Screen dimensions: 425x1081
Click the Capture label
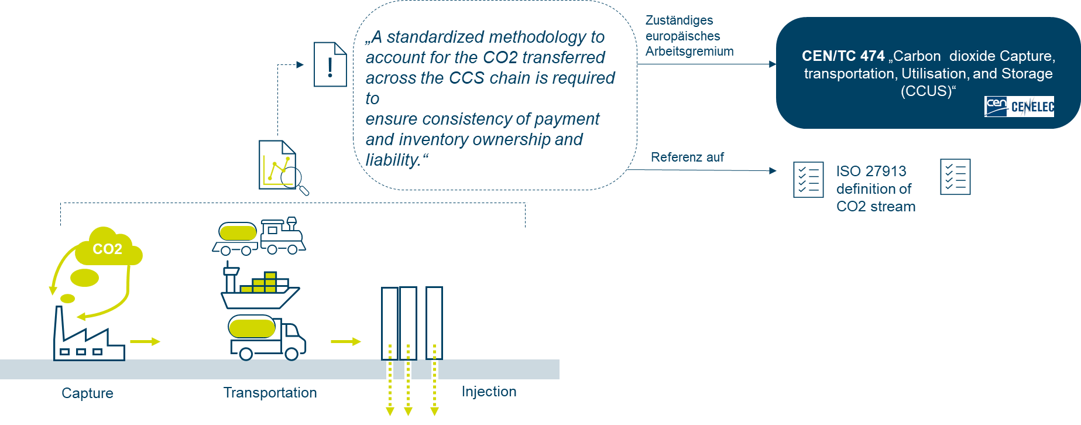(87, 393)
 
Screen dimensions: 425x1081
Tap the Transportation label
(270, 392)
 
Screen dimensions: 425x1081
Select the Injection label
(489, 391)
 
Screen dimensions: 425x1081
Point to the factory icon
(88, 337)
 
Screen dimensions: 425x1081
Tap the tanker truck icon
(266, 337)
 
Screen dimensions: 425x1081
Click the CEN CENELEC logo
(1019, 107)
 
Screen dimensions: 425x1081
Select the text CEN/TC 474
(843, 56)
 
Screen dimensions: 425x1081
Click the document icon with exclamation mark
(330, 64)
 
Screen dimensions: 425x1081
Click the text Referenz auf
(687, 157)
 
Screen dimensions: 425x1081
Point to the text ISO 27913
(871, 171)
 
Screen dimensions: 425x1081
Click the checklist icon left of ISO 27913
(808, 179)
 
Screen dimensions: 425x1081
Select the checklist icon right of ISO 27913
(955, 176)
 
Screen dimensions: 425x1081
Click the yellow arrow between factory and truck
(145, 341)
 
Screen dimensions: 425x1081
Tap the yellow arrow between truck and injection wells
(346, 341)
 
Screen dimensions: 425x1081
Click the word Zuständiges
(679, 20)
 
